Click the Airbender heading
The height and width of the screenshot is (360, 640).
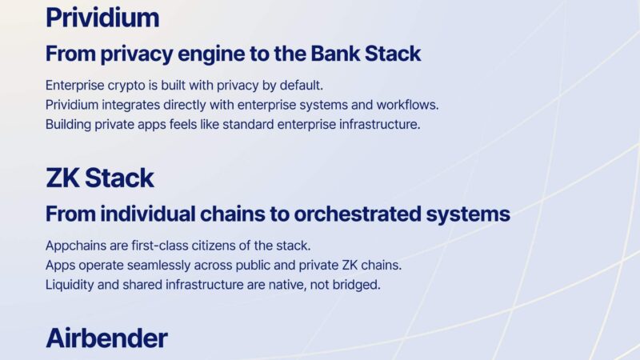[106, 338]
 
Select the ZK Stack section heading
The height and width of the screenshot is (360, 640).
[100, 178]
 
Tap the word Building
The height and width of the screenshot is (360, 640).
[70, 126]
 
